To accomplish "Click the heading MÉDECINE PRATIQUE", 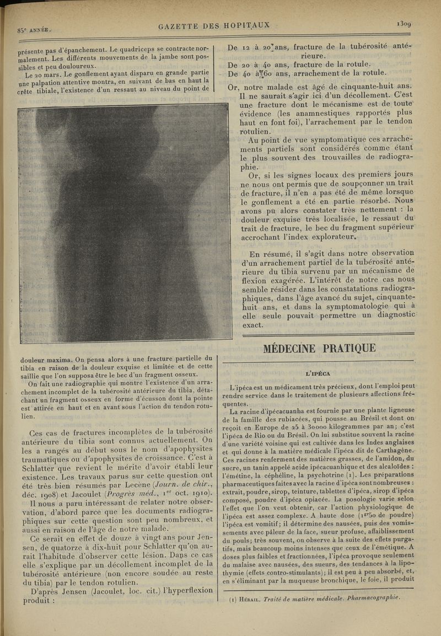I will tap(319, 348).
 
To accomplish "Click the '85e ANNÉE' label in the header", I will tap(34, 30).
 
